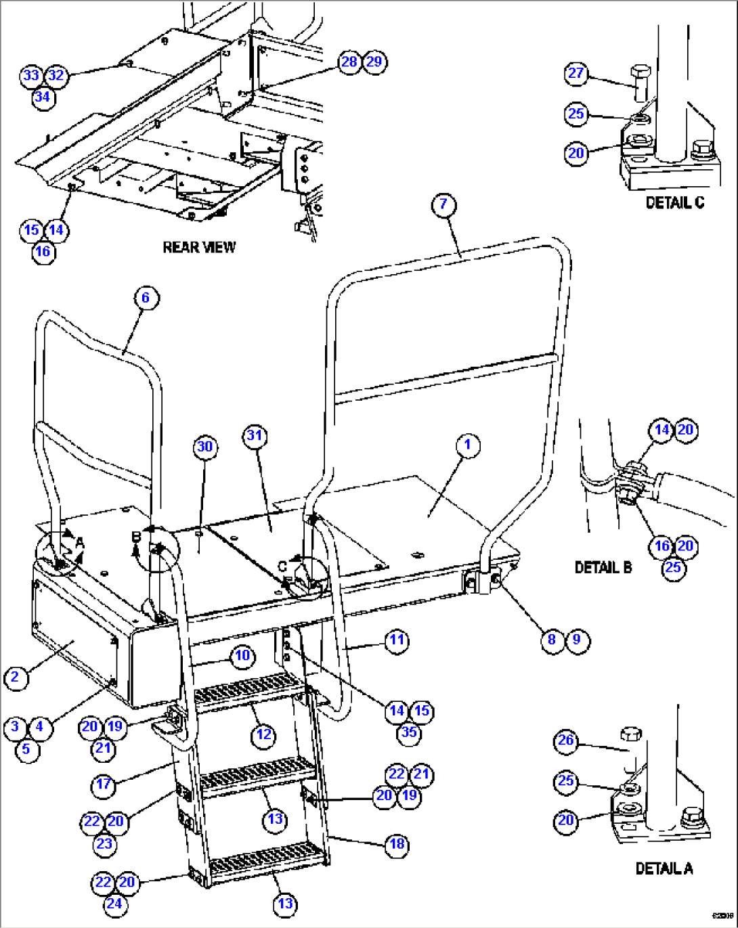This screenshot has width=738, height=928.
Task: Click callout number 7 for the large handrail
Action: click(x=443, y=205)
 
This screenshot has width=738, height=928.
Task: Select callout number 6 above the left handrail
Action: click(x=146, y=298)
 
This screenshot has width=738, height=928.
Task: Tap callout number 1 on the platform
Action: click(x=467, y=445)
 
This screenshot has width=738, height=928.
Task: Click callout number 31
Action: click(x=255, y=435)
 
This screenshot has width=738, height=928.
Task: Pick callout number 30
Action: click(x=204, y=447)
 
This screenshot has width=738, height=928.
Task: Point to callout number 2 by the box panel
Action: click(x=16, y=677)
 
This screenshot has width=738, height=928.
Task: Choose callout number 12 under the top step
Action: click(x=263, y=734)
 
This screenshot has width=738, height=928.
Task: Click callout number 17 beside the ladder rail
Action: click(x=104, y=785)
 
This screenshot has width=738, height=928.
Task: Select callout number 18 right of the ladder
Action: click(x=397, y=844)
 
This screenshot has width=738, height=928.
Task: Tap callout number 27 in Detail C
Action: click(x=576, y=73)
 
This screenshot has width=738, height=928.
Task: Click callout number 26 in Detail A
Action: click(x=566, y=741)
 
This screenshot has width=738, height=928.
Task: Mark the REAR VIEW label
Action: click(x=199, y=247)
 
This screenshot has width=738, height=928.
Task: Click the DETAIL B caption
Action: click(x=603, y=567)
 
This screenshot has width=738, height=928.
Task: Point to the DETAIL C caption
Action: click(x=674, y=202)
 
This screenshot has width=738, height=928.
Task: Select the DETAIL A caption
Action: click(x=664, y=868)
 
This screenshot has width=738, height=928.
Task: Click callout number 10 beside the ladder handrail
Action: click(x=242, y=655)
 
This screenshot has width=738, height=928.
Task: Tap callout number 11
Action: click(x=397, y=640)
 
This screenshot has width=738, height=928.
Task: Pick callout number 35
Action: click(x=409, y=732)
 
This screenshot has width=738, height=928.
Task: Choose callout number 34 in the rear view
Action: click(x=43, y=97)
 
